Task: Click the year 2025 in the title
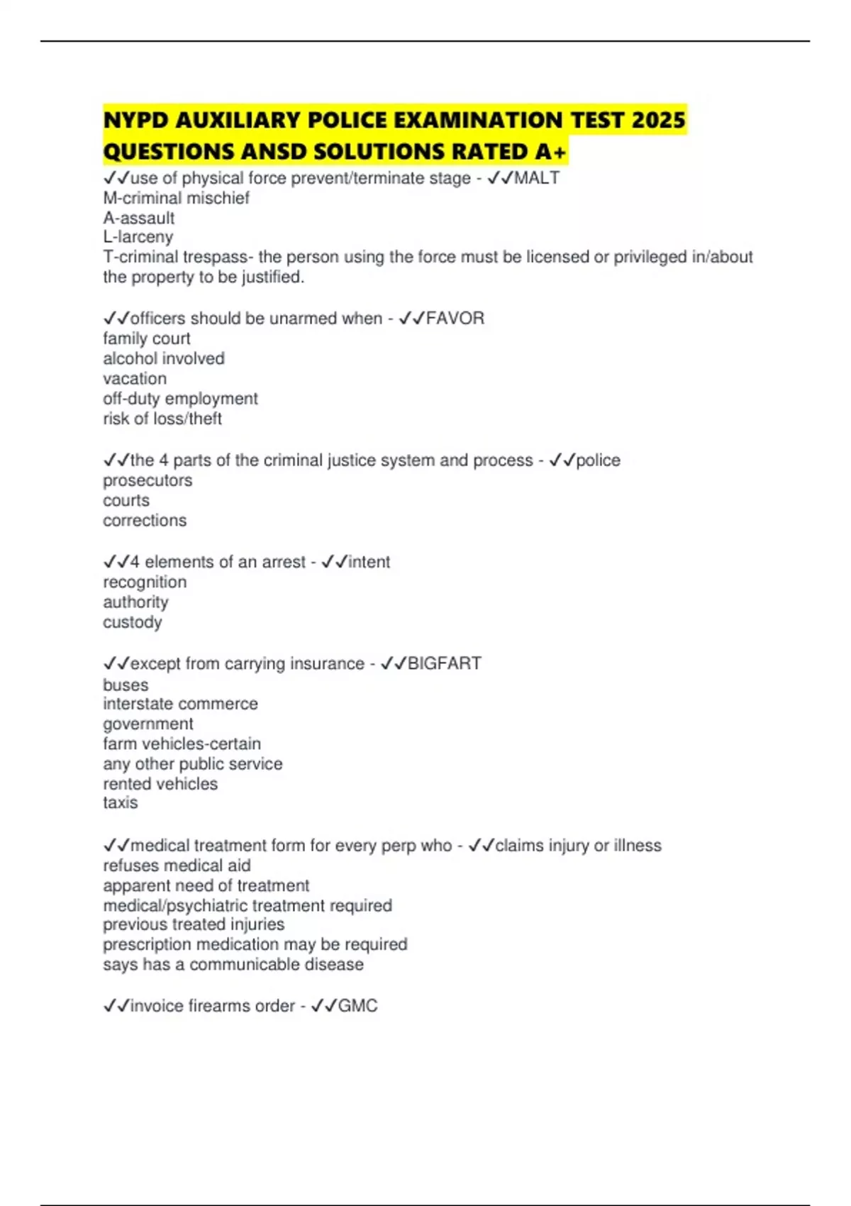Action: (x=658, y=120)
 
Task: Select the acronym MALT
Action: (x=537, y=178)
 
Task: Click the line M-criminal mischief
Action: (x=176, y=198)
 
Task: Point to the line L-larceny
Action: (x=138, y=237)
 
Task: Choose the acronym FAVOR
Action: (x=455, y=319)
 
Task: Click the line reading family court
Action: (x=147, y=338)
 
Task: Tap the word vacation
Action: (x=135, y=378)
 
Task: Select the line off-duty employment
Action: (x=180, y=398)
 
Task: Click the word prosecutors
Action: (x=148, y=480)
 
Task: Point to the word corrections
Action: (x=145, y=520)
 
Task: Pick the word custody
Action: (x=133, y=622)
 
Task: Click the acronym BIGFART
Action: (x=445, y=663)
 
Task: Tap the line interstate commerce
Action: (x=180, y=704)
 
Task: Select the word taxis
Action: (x=121, y=802)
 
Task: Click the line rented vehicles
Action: (x=160, y=784)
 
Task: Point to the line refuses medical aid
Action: (x=177, y=865)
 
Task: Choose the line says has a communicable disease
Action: (x=233, y=965)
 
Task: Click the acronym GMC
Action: (x=357, y=1006)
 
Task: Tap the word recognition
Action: (x=145, y=582)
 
